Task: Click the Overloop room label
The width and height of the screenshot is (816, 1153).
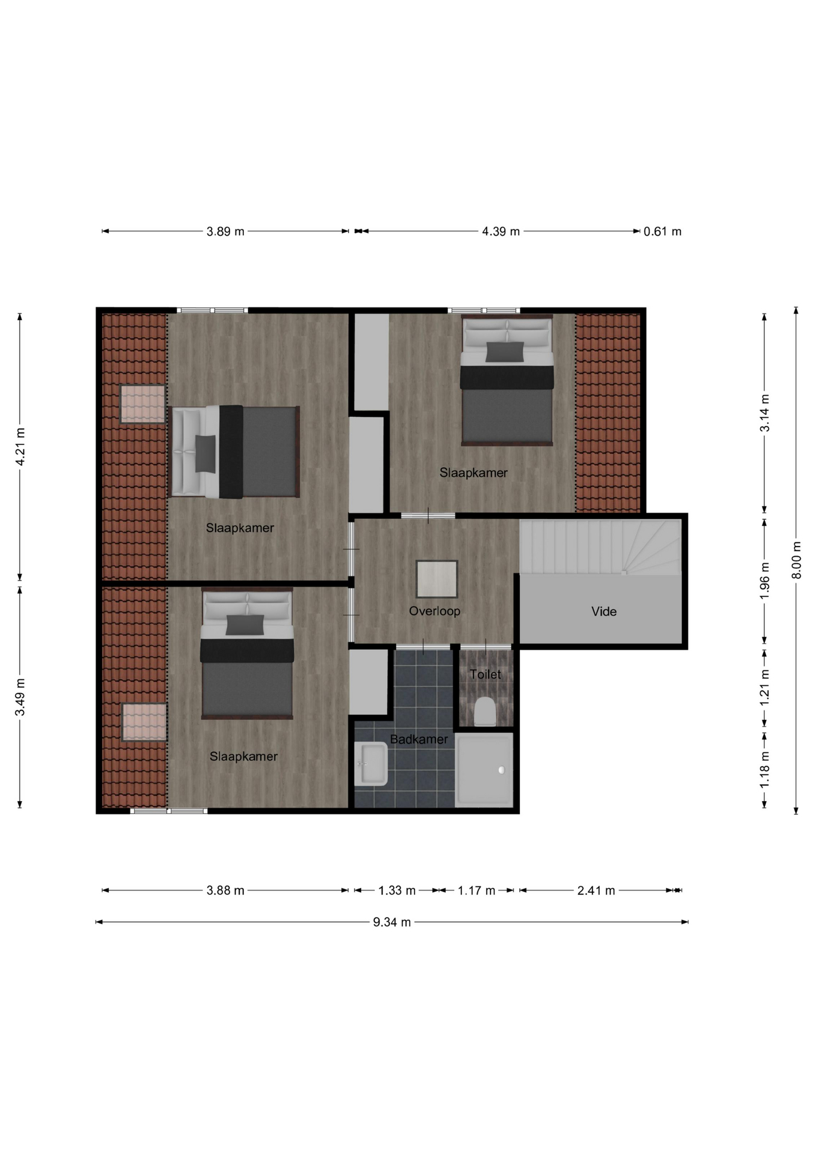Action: [434, 611]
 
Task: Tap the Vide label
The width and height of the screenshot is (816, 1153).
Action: [604, 611]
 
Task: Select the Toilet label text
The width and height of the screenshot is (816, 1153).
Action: [485, 674]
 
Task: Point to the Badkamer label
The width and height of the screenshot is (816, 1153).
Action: [419, 739]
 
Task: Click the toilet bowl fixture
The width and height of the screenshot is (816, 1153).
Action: [485, 712]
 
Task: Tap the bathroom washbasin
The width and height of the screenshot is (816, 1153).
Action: [371, 764]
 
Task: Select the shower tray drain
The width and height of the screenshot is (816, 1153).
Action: [502, 770]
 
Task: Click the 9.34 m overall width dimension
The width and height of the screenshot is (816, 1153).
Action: [392, 922]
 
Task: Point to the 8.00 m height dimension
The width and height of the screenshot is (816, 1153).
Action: [796, 560]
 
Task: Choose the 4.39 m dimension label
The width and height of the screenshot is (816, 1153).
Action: [501, 231]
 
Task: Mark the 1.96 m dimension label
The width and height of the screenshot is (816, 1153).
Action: [764, 581]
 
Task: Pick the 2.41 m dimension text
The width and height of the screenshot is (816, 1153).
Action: [596, 891]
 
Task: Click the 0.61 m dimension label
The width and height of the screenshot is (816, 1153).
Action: [662, 231]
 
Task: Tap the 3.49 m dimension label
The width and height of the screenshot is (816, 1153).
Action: [20, 697]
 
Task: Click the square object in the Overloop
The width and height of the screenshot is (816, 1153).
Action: [437, 579]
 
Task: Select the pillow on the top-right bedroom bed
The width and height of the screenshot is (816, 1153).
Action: [505, 352]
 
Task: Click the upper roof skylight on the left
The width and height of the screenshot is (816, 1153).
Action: [142, 404]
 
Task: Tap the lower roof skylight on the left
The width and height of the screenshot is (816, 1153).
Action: [144, 722]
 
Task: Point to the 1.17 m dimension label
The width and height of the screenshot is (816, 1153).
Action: [477, 891]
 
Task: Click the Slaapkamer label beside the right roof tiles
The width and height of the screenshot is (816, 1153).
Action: [473, 473]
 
